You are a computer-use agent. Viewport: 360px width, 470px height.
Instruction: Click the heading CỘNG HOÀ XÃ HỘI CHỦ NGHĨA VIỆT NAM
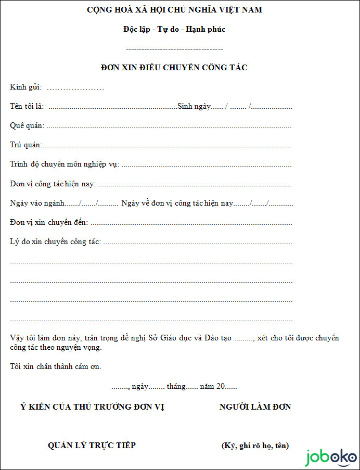(174, 10)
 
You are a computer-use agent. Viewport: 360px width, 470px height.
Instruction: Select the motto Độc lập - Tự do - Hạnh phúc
(174, 29)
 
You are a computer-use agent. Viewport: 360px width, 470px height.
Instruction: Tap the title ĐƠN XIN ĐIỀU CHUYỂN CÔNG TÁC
(174, 68)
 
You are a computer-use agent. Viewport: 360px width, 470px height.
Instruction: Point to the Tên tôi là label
(27, 107)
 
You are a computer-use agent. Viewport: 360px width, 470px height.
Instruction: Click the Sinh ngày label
(194, 107)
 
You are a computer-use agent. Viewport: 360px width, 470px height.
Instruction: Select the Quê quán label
(27, 126)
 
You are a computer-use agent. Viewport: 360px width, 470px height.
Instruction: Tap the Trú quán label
(25, 145)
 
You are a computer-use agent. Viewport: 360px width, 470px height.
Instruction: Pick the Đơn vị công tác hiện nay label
(53, 184)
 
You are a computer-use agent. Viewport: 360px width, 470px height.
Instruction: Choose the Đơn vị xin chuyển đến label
(49, 222)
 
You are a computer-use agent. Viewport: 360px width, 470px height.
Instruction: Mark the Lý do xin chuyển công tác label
(56, 242)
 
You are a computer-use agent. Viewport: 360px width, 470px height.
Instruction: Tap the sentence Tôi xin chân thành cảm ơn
(56, 366)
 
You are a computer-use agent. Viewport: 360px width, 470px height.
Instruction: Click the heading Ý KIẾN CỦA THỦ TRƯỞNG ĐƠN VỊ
(92, 407)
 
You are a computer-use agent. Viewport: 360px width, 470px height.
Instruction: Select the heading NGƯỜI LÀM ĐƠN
(255, 407)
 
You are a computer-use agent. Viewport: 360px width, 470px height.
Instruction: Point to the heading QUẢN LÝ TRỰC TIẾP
(92, 446)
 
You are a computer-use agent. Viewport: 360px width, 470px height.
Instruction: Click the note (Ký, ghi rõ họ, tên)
(255, 446)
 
